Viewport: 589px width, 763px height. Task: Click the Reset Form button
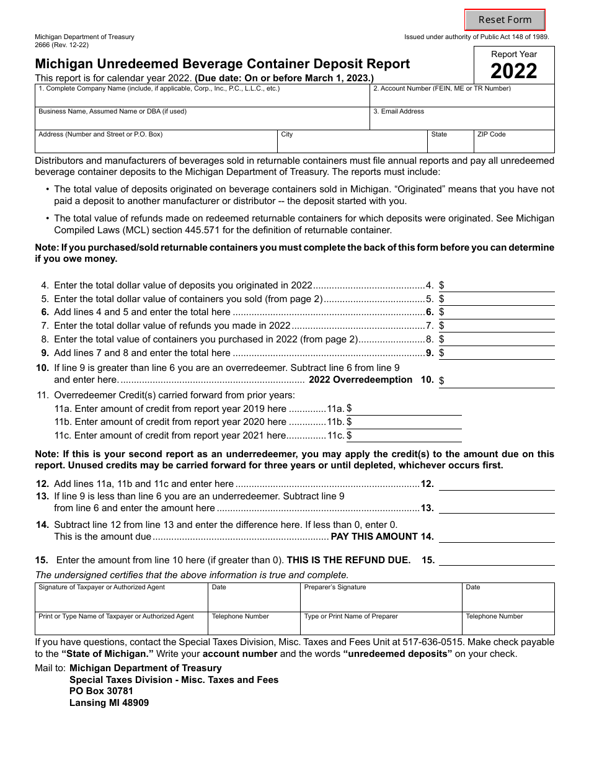tap(505, 20)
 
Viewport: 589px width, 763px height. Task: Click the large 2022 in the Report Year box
tap(514, 71)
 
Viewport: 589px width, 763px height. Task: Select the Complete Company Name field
tap(202, 99)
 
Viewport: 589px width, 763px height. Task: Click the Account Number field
tap(462, 99)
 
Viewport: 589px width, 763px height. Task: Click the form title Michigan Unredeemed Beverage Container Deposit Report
tap(222, 64)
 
